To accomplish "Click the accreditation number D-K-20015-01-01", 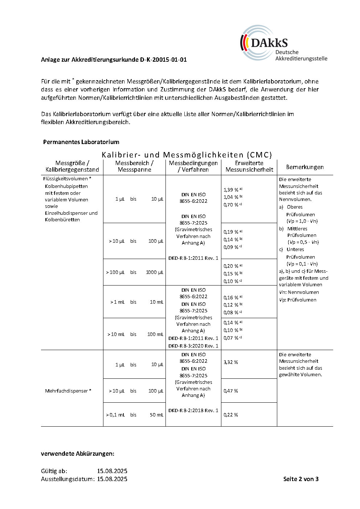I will [163, 59].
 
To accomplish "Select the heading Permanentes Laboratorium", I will [81, 142].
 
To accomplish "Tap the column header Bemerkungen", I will [305, 167].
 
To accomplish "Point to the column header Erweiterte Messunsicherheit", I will [249, 166].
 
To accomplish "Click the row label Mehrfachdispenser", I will [68, 391].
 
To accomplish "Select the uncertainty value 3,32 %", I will [231, 362].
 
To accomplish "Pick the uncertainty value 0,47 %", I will [231, 391].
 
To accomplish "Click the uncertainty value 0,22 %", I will [231, 415].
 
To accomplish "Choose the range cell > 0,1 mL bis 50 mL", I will [134, 415].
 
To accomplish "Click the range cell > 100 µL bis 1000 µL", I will [134, 272].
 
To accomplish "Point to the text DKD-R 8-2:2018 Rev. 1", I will [193, 410].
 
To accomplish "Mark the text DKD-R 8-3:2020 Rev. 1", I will [193, 346].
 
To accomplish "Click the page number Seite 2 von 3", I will [301, 479].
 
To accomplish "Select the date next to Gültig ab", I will [112, 471].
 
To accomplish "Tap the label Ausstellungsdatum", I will [67, 479].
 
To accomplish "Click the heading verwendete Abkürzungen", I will [78, 453].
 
